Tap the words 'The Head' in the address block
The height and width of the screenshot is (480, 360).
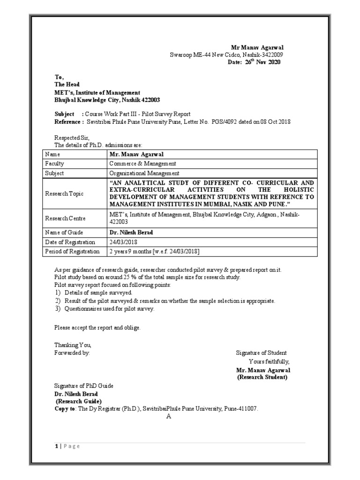pos(67,85)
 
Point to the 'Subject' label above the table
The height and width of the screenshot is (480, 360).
pos(65,114)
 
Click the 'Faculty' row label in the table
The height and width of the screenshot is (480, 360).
pos(55,164)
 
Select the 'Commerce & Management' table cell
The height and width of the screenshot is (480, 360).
pos(142,164)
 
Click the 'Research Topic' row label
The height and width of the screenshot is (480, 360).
pos(64,194)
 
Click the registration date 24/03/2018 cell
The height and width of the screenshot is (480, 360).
pos(124,242)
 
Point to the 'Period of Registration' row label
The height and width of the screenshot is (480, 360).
pos(72,252)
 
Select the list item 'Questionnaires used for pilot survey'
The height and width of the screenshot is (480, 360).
pos(108,309)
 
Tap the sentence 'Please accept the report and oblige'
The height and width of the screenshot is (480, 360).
pos(97,328)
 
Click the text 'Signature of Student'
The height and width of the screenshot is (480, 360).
pos(261,353)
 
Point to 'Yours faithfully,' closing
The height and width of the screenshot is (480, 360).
pos(269,361)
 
